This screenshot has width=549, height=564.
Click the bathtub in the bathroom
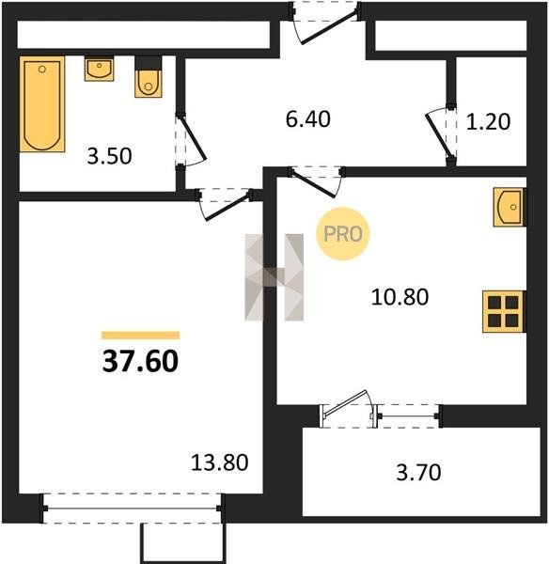coord(42,104)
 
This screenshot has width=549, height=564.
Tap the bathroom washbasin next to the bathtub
coord(99,69)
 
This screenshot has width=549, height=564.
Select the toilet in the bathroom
coord(148,77)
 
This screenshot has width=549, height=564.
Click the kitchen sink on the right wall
coord(510,207)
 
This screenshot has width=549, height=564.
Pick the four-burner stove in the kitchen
coord(504,311)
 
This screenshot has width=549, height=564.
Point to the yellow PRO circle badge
coord(343,234)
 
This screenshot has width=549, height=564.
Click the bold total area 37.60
coord(140,362)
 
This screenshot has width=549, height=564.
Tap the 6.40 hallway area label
coord(308,119)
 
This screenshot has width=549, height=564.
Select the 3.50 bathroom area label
coord(109,156)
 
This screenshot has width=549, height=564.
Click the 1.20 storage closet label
coord(488,121)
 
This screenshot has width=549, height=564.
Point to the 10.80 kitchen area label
coord(400,297)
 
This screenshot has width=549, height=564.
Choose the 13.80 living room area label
coord(219,462)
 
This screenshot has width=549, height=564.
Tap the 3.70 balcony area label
coord(418,473)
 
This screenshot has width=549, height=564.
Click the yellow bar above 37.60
coord(141,336)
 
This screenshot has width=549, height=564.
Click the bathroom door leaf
coord(192,137)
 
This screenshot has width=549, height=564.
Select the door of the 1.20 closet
coord(438,136)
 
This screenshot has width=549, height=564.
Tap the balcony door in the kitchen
coord(345,408)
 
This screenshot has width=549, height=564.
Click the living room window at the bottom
coord(132,509)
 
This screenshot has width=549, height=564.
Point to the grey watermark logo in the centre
coord(274,277)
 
